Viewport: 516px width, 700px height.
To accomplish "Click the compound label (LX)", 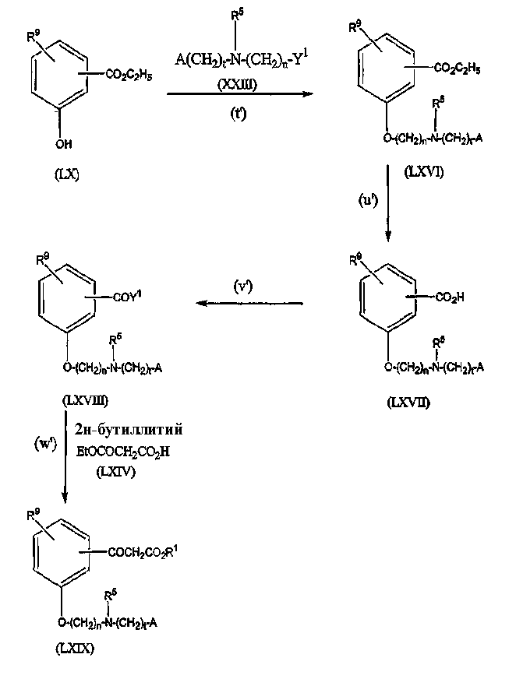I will click(66, 174).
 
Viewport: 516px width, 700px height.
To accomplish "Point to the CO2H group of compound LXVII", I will click(451, 297).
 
